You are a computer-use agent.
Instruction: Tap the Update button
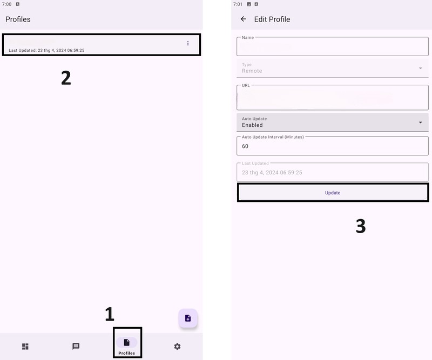tap(333, 193)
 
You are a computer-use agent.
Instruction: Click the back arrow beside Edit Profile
tap(244, 19)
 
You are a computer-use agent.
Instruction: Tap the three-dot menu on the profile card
tap(188, 43)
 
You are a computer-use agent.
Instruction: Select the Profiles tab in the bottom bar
tap(127, 346)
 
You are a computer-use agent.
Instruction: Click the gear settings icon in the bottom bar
tap(177, 346)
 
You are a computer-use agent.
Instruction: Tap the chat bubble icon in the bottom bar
tap(76, 346)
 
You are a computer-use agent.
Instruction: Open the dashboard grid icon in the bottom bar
tap(25, 346)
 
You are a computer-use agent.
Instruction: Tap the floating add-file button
tap(188, 318)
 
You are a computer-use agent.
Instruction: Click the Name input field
tap(333, 46)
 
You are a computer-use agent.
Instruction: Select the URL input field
tap(333, 98)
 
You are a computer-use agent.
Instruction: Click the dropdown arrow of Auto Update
tap(421, 123)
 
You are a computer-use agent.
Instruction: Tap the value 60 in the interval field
tap(245, 146)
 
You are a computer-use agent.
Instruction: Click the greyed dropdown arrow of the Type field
tap(421, 68)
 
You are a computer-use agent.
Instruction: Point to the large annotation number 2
tap(66, 78)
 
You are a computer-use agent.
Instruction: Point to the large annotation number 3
tap(361, 226)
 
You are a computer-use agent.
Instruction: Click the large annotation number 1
tap(110, 314)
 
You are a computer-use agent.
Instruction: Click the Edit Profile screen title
tap(272, 19)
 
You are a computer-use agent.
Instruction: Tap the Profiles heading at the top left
tap(18, 19)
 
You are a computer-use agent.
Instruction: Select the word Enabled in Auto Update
tap(252, 125)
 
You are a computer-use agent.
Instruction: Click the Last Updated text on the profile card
tap(46, 50)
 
